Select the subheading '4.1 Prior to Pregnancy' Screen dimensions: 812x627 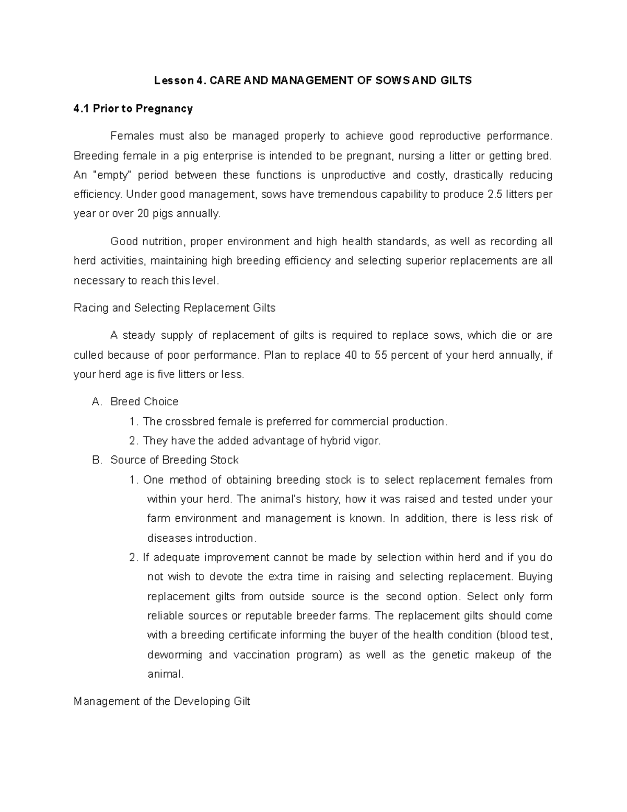(x=133, y=109)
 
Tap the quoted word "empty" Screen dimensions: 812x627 (x=112, y=175)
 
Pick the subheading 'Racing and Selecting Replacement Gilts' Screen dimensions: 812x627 (x=175, y=308)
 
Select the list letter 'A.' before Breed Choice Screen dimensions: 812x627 (x=97, y=402)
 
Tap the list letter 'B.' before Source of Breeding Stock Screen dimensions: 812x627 (x=97, y=460)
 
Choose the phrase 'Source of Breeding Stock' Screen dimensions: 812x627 (x=175, y=460)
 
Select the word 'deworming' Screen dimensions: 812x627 (x=175, y=655)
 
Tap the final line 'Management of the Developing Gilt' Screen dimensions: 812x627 (x=162, y=702)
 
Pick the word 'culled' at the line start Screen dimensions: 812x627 (x=88, y=355)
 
